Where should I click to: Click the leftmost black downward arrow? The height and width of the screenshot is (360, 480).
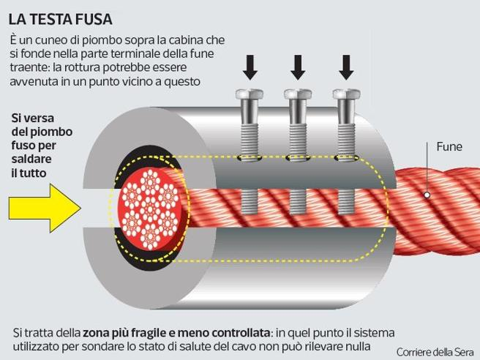(250, 67)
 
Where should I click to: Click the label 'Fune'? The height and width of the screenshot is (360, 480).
(449, 146)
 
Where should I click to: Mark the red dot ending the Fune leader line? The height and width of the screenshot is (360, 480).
(428, 195)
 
